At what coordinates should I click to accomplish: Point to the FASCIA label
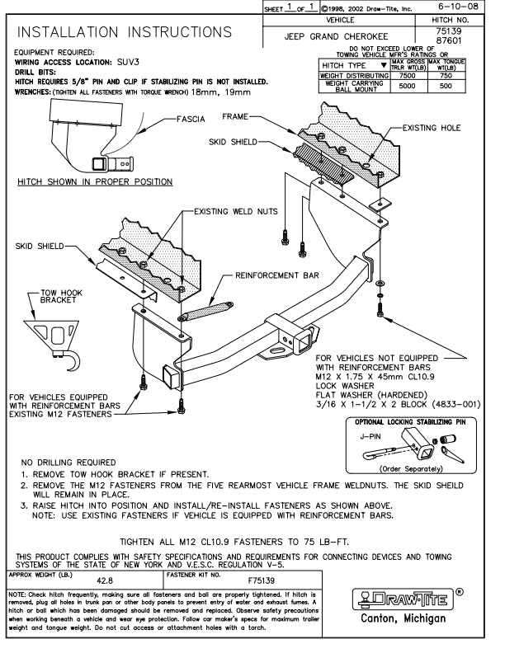coord(191,119)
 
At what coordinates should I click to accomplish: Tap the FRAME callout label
coord(259,119)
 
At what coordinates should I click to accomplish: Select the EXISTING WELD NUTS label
coord(236,212)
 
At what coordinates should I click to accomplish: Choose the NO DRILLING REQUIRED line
coord(68,463)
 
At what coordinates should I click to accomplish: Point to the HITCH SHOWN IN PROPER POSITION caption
coord(96,181)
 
